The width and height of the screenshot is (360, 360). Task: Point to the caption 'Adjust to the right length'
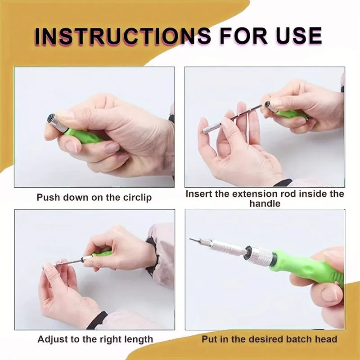(x=95, y=339)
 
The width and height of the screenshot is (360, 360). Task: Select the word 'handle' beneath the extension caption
(x=265, y=203)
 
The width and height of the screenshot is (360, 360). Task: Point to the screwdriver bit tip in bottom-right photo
(x=192, y=240)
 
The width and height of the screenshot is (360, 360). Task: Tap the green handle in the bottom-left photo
(x=103, y=254)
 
